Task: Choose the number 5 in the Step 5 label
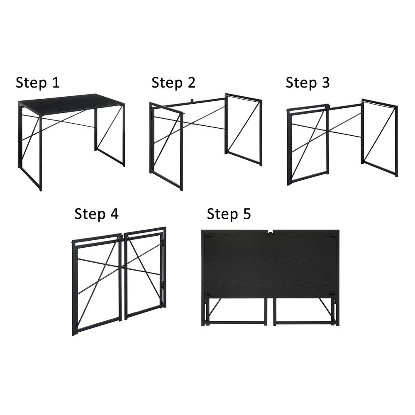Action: coord(246,214)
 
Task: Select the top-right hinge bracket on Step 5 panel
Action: coord(332,237)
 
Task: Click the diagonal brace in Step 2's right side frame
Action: coord(244,127)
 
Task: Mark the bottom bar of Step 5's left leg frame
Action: coord(237,322)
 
